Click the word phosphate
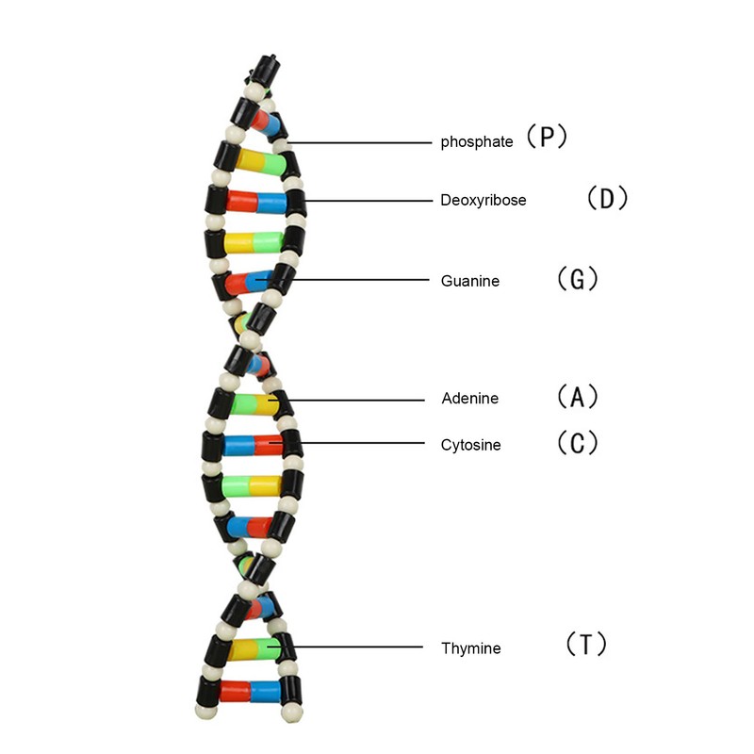(x=477, y=142)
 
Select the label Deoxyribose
(x=484, y=200)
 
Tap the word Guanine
(x=470, y=281)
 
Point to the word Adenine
(x=470, y=399)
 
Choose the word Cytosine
(x=471, y=445)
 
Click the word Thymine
(x=471, y=648)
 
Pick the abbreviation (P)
(x=546, y=139)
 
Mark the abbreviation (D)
(x=606, y=199)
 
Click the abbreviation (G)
(x=578, y=280)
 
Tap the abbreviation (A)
(x=577, y=397)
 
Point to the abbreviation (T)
(x=585, y=646)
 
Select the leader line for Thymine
(x=358, y=647)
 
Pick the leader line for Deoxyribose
(x=368, y=200)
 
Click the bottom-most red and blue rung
(x=250, y=691)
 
